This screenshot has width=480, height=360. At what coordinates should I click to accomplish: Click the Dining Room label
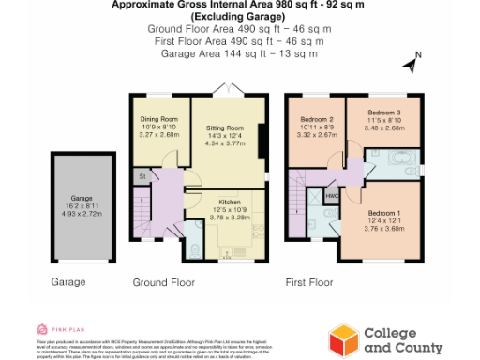(x=158, y=120)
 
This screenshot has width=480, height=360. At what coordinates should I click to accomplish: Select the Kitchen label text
(x=231, y=202)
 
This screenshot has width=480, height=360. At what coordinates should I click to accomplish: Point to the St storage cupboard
(x=142, y=176)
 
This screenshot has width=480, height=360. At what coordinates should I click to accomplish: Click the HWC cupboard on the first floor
(x=332, y=196)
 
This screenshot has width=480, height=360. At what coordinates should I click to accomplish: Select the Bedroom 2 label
(x=317, y=120)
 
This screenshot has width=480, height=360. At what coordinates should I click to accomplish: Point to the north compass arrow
(x=410, y=64)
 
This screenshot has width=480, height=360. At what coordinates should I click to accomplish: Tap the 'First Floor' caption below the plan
(x=309, y=281)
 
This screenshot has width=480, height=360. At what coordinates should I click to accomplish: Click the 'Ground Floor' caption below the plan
(x=162, y=281)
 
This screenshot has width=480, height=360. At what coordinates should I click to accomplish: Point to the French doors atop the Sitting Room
(x=225, y=89)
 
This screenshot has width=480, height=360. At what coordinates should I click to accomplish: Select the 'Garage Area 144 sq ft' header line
(x=239, y=53)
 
